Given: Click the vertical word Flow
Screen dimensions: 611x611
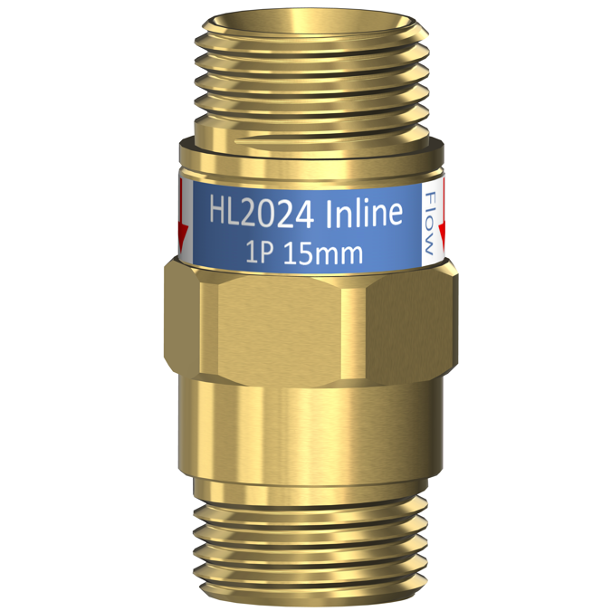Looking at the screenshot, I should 431,222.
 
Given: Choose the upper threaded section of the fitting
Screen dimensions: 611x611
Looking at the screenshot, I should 308,81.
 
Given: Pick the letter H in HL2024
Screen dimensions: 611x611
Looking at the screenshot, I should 219,215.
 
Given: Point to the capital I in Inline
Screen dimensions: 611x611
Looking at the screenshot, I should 331,215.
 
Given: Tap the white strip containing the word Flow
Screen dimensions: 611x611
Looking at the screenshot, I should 432,222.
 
